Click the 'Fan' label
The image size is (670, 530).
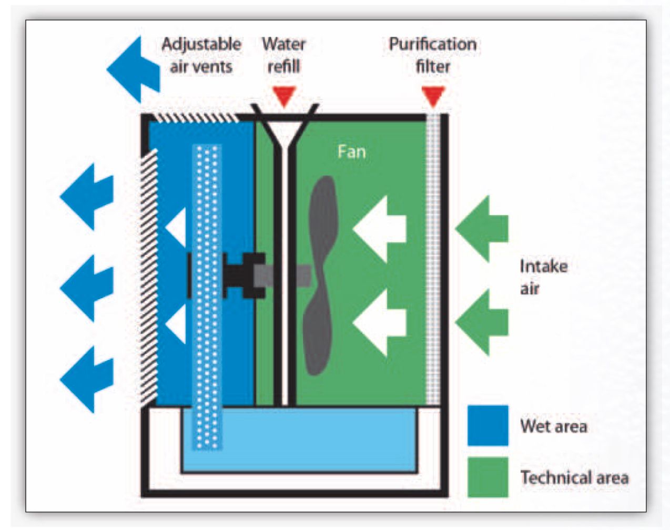coord(351,152)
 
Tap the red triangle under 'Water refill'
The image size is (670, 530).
coord(284,96)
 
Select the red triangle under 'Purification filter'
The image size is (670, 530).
coord(433,96)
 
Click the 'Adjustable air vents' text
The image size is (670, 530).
coord(201,55)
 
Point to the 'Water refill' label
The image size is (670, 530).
coord(283,55)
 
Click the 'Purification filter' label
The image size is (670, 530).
coord(432,55)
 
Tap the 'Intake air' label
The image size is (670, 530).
coord(543,277)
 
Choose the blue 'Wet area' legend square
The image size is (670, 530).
coord(488,426)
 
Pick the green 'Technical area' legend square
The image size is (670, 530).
coord(488,477)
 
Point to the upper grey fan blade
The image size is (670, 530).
coord(323,216)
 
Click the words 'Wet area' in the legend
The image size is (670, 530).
coord(553,426)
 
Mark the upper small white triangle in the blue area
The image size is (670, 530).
coord(177,228)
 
